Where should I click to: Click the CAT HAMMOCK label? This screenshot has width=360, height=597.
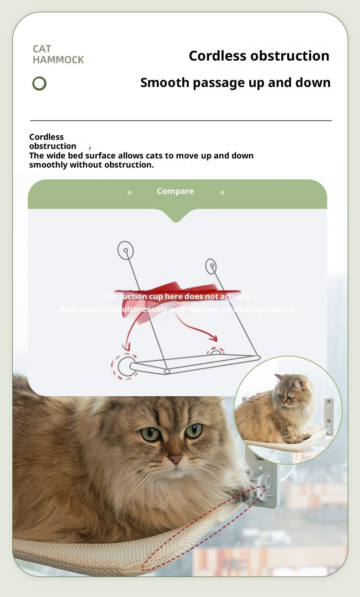58,54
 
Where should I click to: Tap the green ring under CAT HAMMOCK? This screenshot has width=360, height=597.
40,84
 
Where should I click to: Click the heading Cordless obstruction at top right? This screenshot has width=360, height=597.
259,56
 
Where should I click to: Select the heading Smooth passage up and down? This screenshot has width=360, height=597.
235,82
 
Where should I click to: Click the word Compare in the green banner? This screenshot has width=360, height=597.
175,191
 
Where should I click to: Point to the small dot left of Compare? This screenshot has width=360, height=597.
129,193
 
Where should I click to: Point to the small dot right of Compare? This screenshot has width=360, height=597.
222,193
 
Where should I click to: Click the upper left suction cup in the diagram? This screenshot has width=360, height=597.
125,250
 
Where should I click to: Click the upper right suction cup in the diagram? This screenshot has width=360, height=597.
211,266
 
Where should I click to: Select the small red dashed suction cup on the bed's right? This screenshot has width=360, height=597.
216,352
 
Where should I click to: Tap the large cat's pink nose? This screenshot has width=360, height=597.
176,459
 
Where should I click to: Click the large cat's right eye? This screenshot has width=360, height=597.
194,430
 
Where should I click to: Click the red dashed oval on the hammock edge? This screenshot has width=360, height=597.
203,528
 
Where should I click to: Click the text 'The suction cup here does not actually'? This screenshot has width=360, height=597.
176,297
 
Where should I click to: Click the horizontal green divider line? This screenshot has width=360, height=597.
180,121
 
